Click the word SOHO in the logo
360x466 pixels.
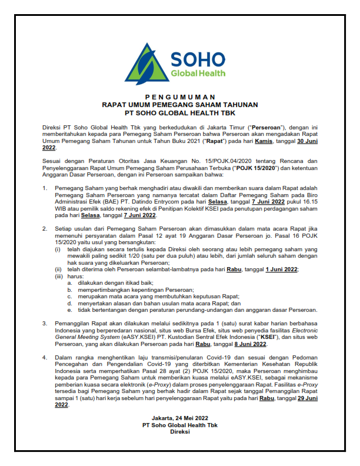pos(197,59)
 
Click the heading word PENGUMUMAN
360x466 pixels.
pos(180,95)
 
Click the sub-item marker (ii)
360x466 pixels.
pos(58,269)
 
